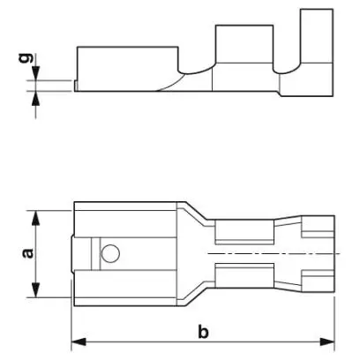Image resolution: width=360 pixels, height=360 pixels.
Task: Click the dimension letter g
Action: click(25, 58)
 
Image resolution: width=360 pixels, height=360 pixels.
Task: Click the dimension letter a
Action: click(28, 253)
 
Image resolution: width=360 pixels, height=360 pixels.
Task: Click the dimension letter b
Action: click(203, 332)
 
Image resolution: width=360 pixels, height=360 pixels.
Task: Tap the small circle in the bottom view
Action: click(110, 253)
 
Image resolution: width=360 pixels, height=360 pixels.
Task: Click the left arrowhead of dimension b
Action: click(79, 341)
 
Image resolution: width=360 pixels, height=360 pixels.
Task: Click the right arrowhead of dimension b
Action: click(327, 341)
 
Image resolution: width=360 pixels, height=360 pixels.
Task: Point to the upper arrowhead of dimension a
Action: click(35, 218)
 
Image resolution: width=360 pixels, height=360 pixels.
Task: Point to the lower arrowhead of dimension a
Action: click(35, 289)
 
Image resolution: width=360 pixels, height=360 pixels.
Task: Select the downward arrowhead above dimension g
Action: click(36, 73)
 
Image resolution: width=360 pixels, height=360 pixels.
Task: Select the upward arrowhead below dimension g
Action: click(36, 98)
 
